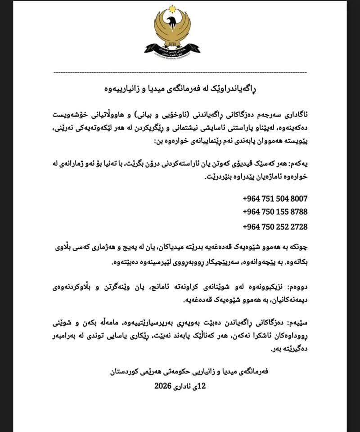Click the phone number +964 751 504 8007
click(x=275, y=198)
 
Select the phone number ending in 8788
click(x=275, y=211)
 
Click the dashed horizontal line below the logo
click(x=180, y=72)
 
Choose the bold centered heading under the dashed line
click(x=180, y=87)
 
